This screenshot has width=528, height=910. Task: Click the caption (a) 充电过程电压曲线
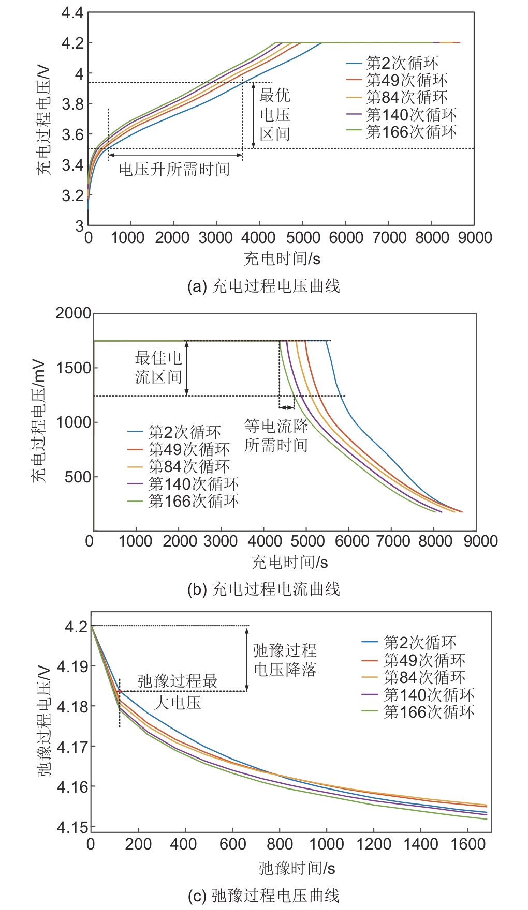[263, 286]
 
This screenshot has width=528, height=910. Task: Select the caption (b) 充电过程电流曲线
[263, 589]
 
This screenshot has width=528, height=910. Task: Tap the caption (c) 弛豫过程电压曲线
[263, 895]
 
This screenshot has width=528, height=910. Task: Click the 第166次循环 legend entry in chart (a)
[401, 132]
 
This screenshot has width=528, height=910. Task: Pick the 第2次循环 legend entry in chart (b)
[174, 432]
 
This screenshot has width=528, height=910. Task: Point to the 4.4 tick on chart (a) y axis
[72, 13]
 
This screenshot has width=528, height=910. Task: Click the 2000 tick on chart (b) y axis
[73, 313]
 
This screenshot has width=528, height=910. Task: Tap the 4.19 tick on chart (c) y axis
[72, 666]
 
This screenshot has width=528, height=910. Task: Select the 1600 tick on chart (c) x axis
[468, 844]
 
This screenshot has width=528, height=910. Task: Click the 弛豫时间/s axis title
[297, 868]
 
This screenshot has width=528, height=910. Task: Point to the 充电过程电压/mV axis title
[39, 421]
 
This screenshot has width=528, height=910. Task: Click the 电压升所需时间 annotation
[174, 169]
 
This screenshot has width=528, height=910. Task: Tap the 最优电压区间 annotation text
[275, 115]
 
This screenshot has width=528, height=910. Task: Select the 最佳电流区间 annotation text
[158, 367]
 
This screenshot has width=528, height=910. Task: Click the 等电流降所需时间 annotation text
[276, 435]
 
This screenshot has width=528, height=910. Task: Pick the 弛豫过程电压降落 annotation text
[285, 660]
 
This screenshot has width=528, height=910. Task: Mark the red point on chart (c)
[120, 691]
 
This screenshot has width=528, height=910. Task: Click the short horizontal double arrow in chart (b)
[287, 407]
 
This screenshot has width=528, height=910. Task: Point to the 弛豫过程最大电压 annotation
[178, 691]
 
